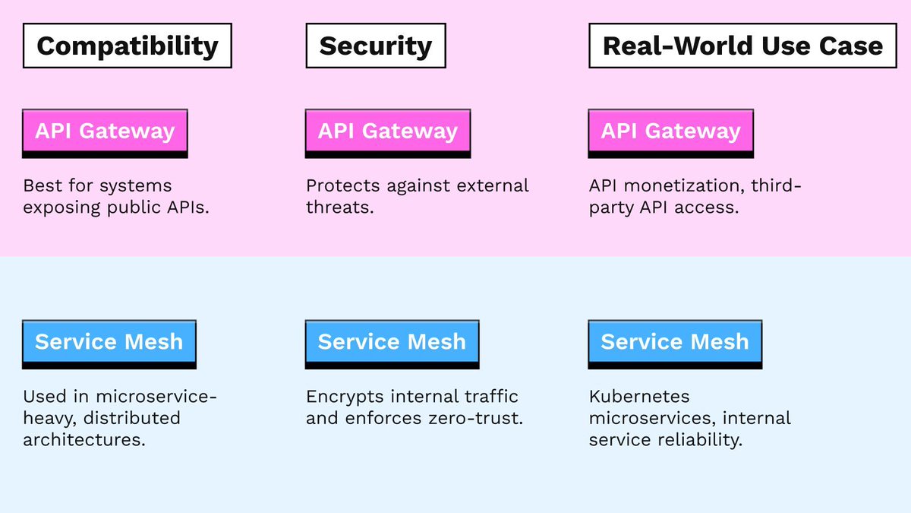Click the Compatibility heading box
point(127,46)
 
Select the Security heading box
point(375,46)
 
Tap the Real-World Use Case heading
point(742,46)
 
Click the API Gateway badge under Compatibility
point(105,131)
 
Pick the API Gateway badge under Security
point(387,131)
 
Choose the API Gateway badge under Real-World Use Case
point(670,131)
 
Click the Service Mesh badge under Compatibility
point(109,341)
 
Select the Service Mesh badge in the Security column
point(392,341)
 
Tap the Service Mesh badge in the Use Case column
point(674,341)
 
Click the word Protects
point(343,185)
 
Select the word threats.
point(339,207)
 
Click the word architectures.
point(84,439)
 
